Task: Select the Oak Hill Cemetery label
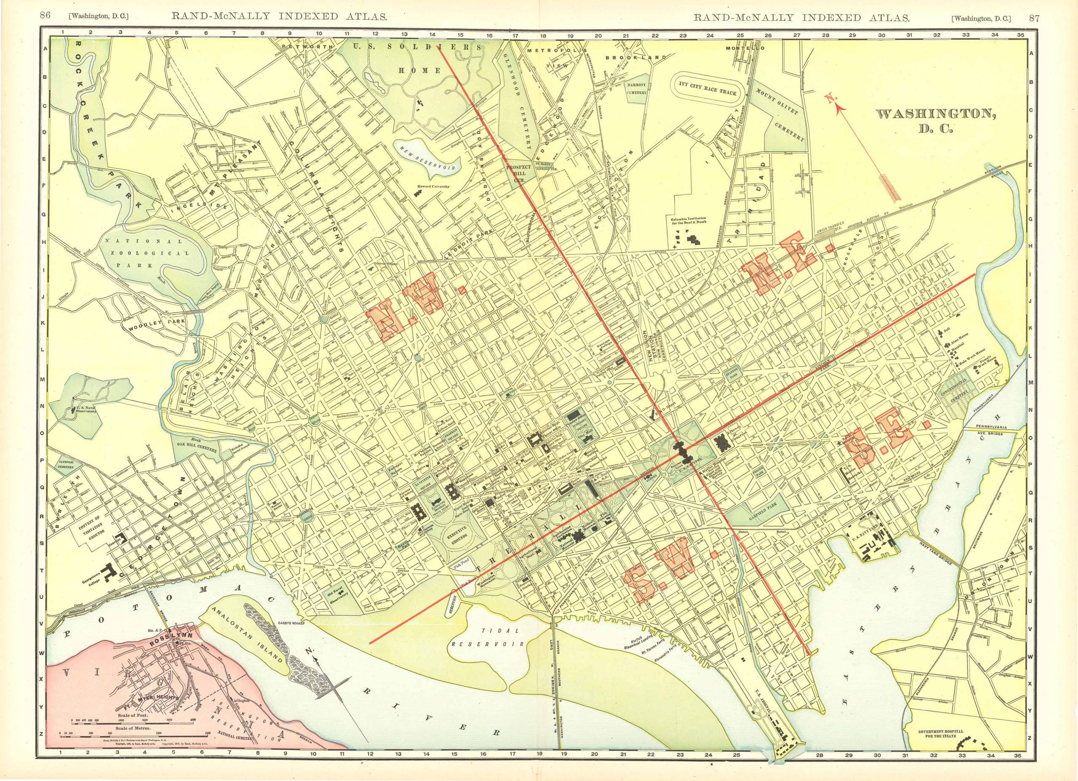point(197,446)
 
